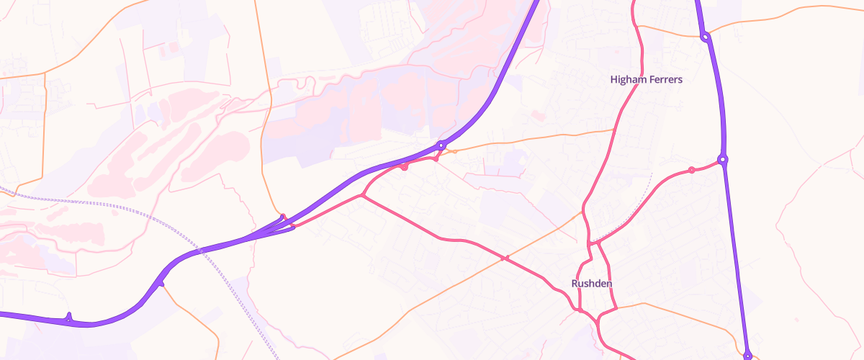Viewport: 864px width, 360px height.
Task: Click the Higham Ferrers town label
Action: [x=645, y=79]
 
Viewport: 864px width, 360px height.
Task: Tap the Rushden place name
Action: [x=592, y=284]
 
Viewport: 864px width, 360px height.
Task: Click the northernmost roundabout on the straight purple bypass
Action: [x=706, y=37]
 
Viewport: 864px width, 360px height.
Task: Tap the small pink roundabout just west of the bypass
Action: [x=691, y=170]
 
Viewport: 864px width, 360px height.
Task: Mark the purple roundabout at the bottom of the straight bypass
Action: [x=748, y=354]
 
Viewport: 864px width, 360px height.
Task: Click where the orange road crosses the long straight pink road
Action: [x=507, y=258]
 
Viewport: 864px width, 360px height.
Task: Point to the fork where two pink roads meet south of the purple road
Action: [x=361, y=196]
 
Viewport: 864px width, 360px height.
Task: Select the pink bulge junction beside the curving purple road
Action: [x=405, y=167]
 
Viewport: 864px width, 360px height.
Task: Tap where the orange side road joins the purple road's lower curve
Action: [x=161, y=284]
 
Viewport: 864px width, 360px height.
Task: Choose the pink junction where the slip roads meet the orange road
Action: [x=283, y=217]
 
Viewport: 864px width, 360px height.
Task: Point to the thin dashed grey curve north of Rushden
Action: [x=634, y=216]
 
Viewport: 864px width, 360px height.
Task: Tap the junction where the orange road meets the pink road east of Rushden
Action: [x=617, y=308]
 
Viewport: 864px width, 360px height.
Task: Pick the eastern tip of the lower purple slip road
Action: [x=293, y=228]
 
